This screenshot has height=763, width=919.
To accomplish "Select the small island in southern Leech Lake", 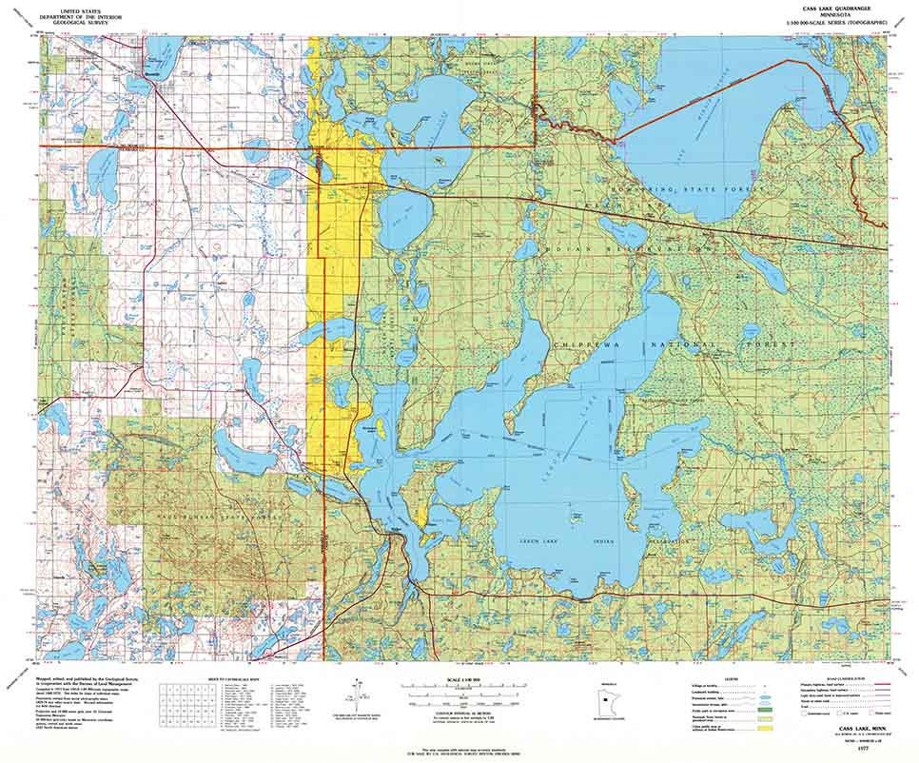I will click(575, 518).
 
